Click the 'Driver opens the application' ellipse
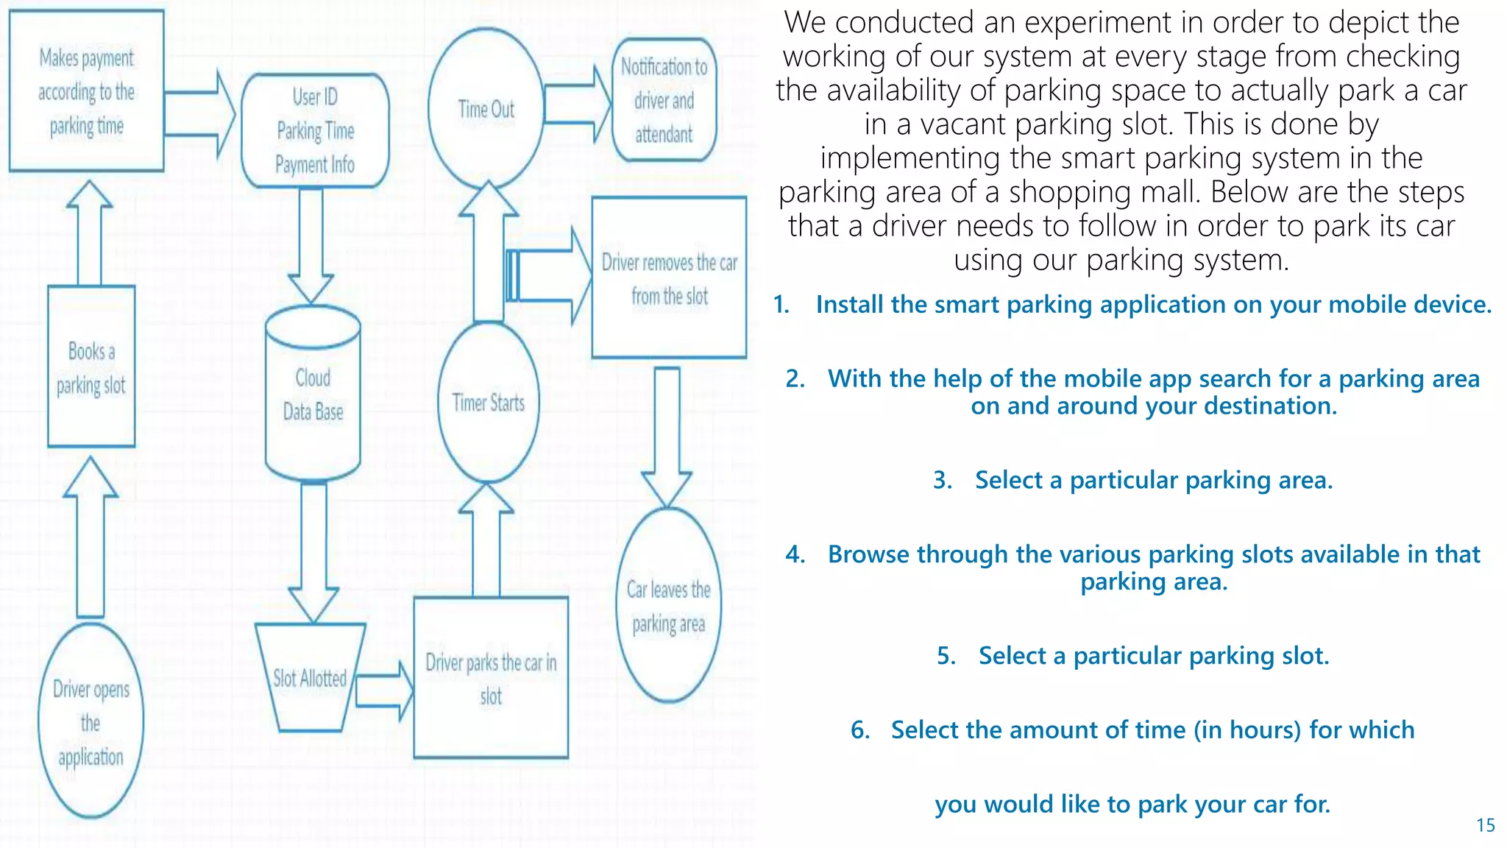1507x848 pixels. coord(91,721)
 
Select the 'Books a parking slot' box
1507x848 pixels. coord(91,367)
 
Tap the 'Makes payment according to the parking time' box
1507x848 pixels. coord(86,91)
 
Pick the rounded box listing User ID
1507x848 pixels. coord(315,130)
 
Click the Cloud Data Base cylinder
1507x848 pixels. coord(313,395)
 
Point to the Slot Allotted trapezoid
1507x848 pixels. coord(310,678)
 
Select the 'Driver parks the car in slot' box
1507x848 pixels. coord(491,678)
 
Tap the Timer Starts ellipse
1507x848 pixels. coord(489,403)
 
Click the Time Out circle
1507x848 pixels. coord(486,109)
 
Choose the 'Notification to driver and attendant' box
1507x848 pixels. coord(664,100)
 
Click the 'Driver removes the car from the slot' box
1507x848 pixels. coord(669,278)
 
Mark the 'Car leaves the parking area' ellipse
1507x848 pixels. coord(668,605)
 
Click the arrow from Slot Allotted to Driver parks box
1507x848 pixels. coord(385,690)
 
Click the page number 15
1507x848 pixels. coord(1485,825)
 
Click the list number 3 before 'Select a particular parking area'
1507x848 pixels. coord(943,480)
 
